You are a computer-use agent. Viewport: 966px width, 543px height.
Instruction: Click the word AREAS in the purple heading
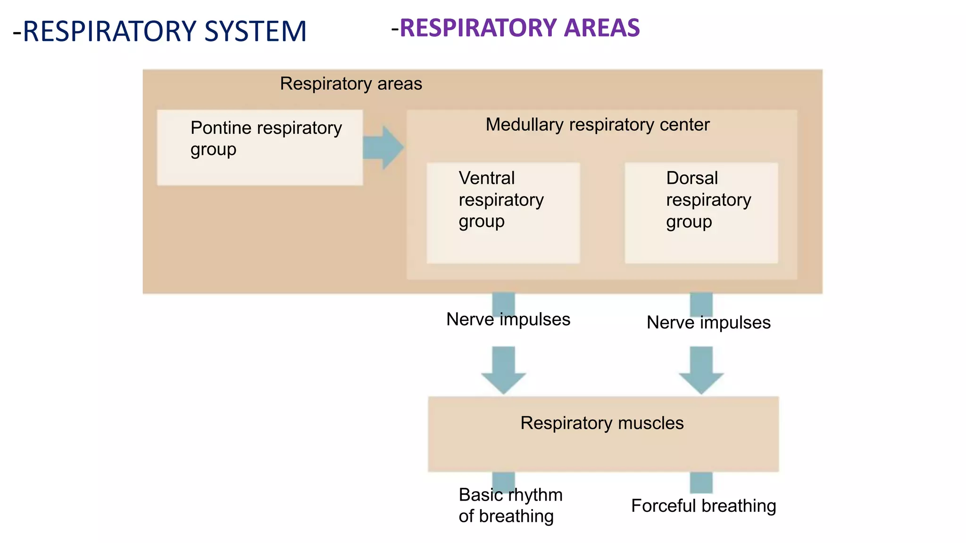[x=602, y=28]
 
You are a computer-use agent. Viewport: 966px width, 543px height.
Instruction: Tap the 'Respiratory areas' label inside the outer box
[x=351, y=84]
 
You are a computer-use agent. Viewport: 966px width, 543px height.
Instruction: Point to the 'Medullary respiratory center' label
[x=597, y=125]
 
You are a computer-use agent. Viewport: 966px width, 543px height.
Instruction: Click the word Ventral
[x=486, y=178]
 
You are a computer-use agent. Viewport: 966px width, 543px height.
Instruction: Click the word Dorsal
[x=691, y=178]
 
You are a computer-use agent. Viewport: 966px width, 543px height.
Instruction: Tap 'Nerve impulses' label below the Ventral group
[x=508, y=320]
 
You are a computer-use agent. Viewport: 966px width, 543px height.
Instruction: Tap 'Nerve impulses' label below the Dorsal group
[x=708, y=323]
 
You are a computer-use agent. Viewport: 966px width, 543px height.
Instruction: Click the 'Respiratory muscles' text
[x=602, y=423]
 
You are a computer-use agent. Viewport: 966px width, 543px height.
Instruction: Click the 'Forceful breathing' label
[x=703, y=506]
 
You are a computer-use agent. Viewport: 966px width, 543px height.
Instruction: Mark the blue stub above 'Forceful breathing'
[x=701, y=482]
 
